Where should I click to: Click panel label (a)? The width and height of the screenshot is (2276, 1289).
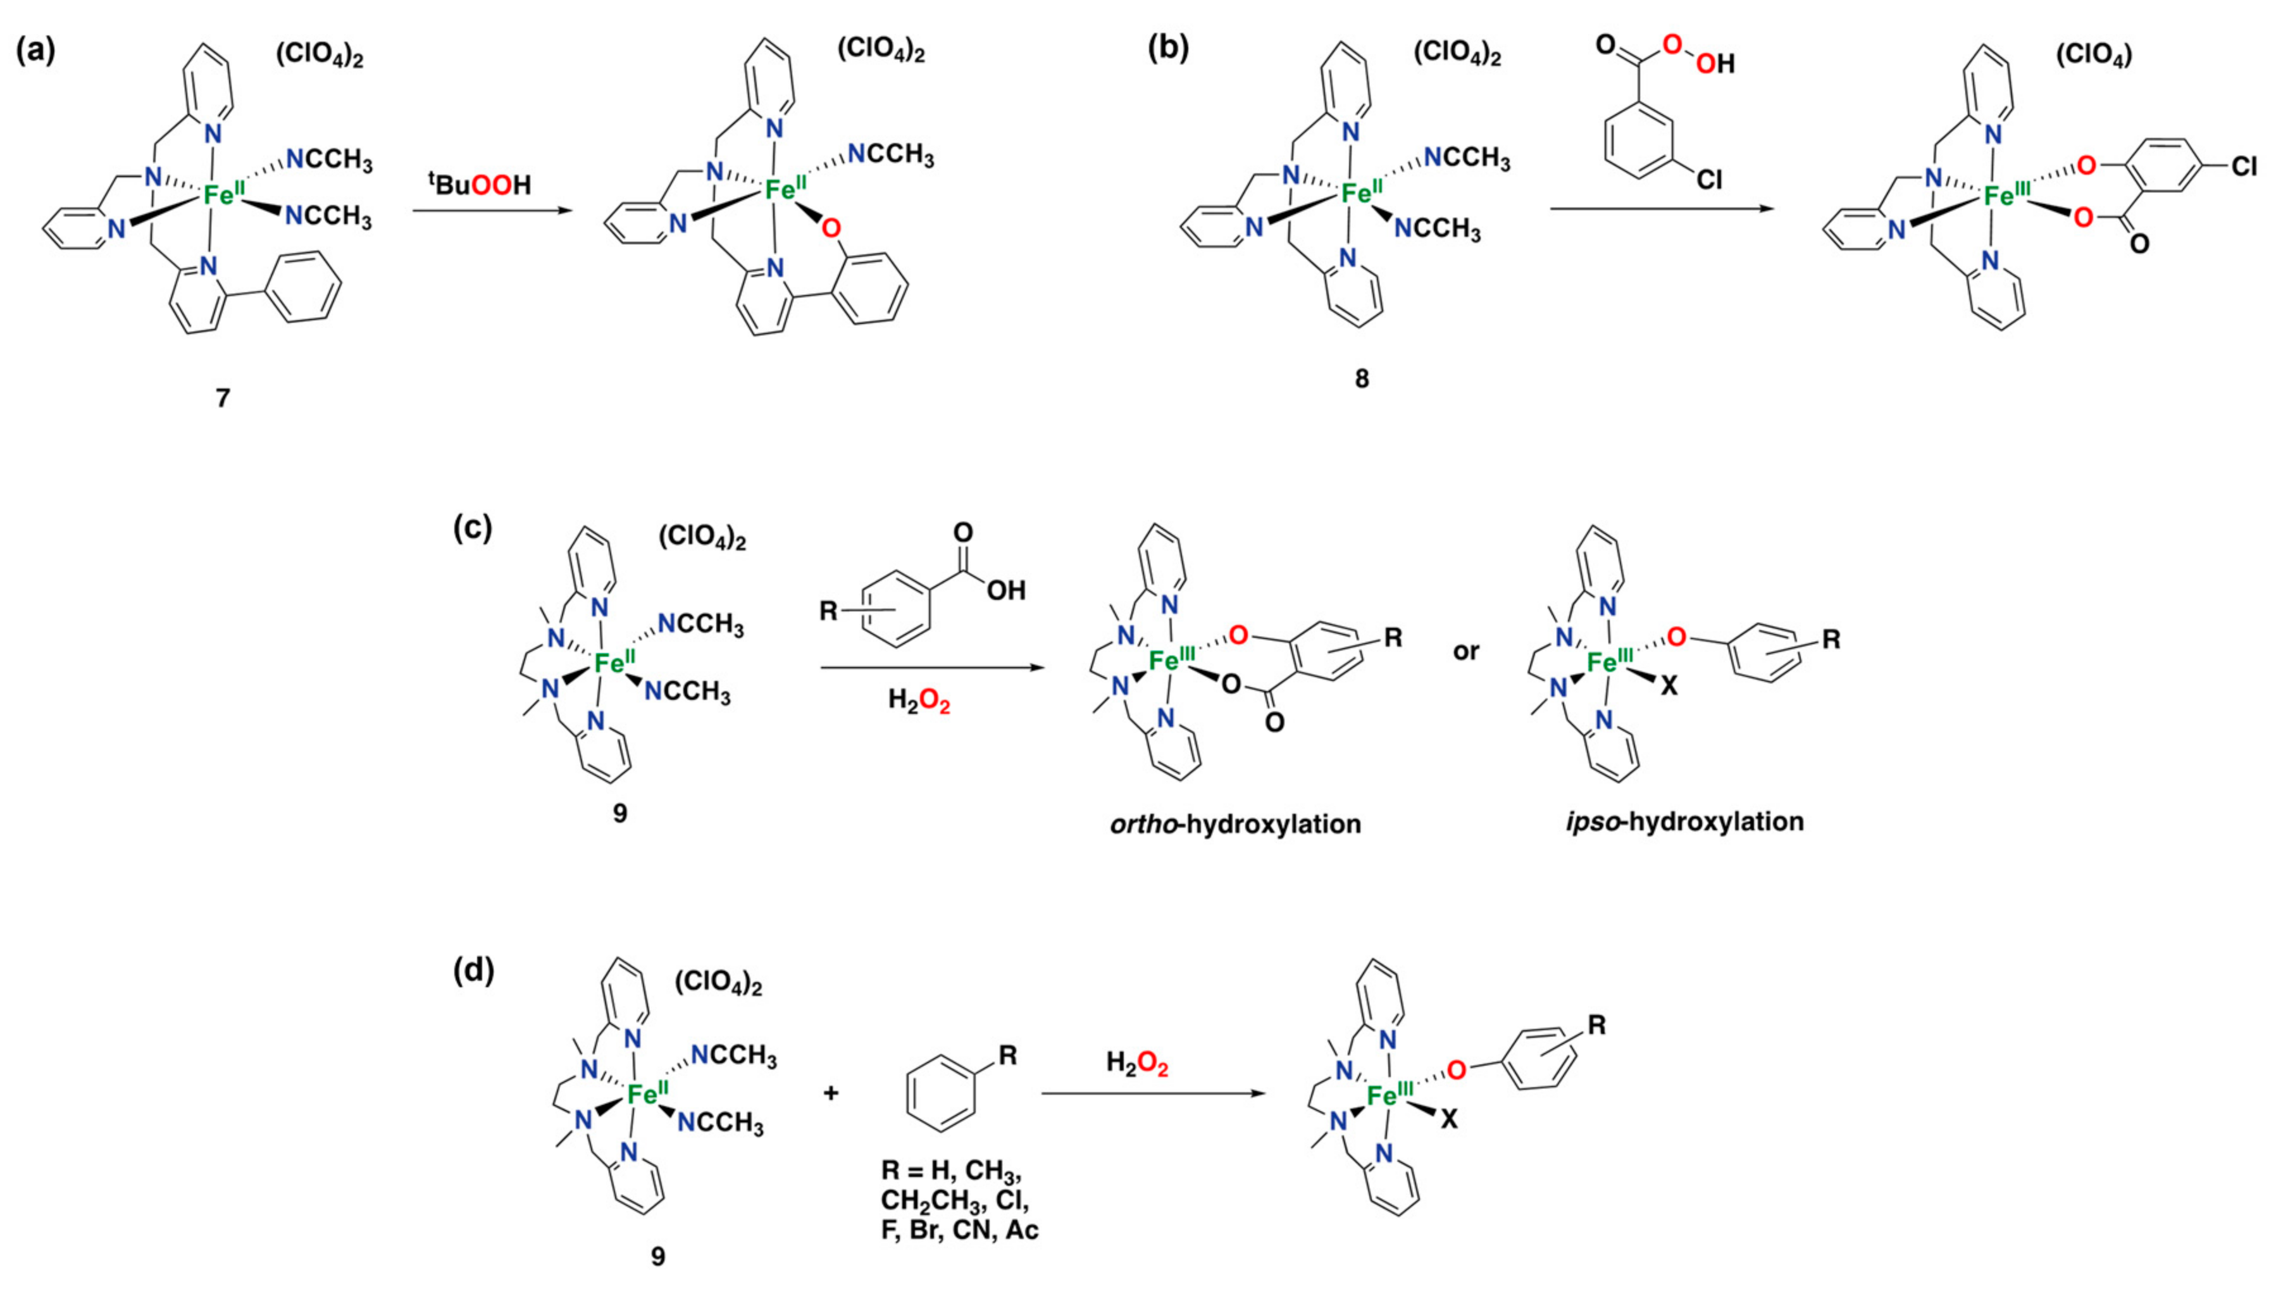(35, 53)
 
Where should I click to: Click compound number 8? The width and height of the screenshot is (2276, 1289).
(1362, 378)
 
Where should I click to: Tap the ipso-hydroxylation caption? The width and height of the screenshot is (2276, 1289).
(1684, 821)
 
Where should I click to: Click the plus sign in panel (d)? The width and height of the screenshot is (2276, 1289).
(830, 1093)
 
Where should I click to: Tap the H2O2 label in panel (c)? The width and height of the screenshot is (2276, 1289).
(919, 701)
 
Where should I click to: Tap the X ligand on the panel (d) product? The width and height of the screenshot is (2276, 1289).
(1448, 1121)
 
